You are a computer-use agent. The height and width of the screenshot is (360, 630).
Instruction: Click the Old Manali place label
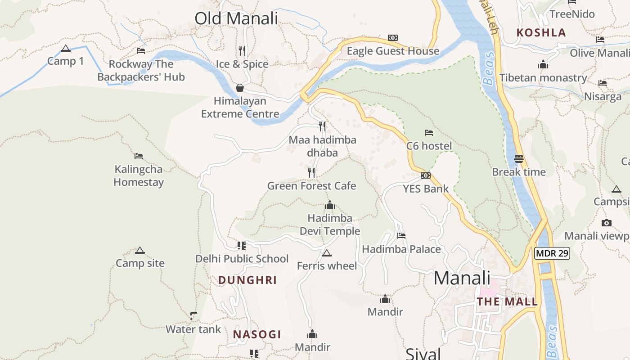coord(236,18)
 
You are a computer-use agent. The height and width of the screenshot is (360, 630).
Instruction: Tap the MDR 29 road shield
coord(552,253)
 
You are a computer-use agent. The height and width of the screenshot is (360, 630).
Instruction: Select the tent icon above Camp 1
coord(66,49)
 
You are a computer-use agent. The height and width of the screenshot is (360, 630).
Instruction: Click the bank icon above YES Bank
coord(426,175)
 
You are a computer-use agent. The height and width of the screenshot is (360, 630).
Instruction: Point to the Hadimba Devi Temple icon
coord(330,205)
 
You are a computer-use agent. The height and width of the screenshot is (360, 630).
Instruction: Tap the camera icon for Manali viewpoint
coord(606,223)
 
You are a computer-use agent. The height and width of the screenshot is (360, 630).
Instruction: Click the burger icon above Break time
coord(518,159)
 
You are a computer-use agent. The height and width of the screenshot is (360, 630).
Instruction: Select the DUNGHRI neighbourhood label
coord(247,280)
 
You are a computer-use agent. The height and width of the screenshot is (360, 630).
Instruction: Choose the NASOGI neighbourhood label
coord(257,334)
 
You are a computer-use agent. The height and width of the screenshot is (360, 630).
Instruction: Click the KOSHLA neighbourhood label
coord(541,32)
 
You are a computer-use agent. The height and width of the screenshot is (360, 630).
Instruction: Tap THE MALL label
coord(507,301)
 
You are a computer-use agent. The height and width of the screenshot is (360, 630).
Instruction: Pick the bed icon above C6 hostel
coord(429,133)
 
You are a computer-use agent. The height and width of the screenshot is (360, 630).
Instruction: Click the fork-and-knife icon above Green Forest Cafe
coord(311,172)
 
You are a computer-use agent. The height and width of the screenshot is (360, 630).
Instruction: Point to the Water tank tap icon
coord(193,315)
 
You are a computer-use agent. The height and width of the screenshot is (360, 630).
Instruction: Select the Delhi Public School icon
coord(242,246)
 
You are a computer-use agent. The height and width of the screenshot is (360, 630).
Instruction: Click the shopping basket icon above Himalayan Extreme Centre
coord(240,87)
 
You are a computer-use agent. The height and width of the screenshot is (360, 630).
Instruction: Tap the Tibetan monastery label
coord(543,78)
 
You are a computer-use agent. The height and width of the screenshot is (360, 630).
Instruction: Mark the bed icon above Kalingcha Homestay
coord(139,156)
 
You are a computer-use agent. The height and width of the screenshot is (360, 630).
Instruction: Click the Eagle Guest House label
coord(393,51)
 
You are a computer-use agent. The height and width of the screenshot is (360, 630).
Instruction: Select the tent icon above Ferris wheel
coord(327,253)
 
